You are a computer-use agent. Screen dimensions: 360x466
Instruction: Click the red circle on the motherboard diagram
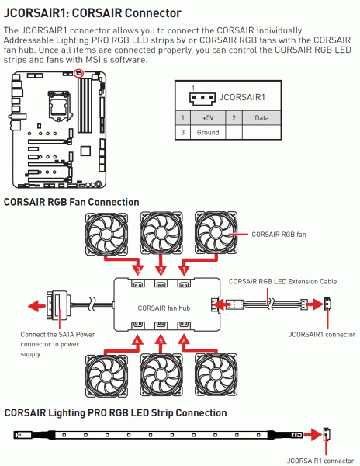(x=78, y=73)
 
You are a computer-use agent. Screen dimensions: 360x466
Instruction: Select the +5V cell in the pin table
(x=208, y=118)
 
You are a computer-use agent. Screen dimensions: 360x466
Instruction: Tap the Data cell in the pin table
(x=261, y=118)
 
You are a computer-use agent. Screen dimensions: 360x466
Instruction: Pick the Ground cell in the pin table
(x=208, y=132)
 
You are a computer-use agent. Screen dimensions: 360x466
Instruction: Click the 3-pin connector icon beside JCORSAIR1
(x=202, y=98)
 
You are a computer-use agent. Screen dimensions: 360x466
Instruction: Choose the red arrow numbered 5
(x=161, y=345)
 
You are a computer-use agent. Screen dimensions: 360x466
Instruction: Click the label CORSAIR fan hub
(x=164, y=308)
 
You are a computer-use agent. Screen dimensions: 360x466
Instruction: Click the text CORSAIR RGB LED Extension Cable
(x=282, y=281)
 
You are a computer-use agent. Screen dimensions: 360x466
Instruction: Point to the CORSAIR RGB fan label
(x=279, y=235)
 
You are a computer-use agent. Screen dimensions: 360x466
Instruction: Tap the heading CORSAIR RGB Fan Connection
(x=71, y=202)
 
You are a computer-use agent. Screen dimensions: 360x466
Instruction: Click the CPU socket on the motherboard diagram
(x=61, y=106)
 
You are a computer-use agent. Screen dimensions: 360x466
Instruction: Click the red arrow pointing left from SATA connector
(x=36, y=306)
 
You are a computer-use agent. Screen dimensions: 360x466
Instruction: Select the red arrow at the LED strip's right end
(x=313, y=436)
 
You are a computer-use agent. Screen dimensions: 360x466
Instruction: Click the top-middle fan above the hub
(x=161, y=233)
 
